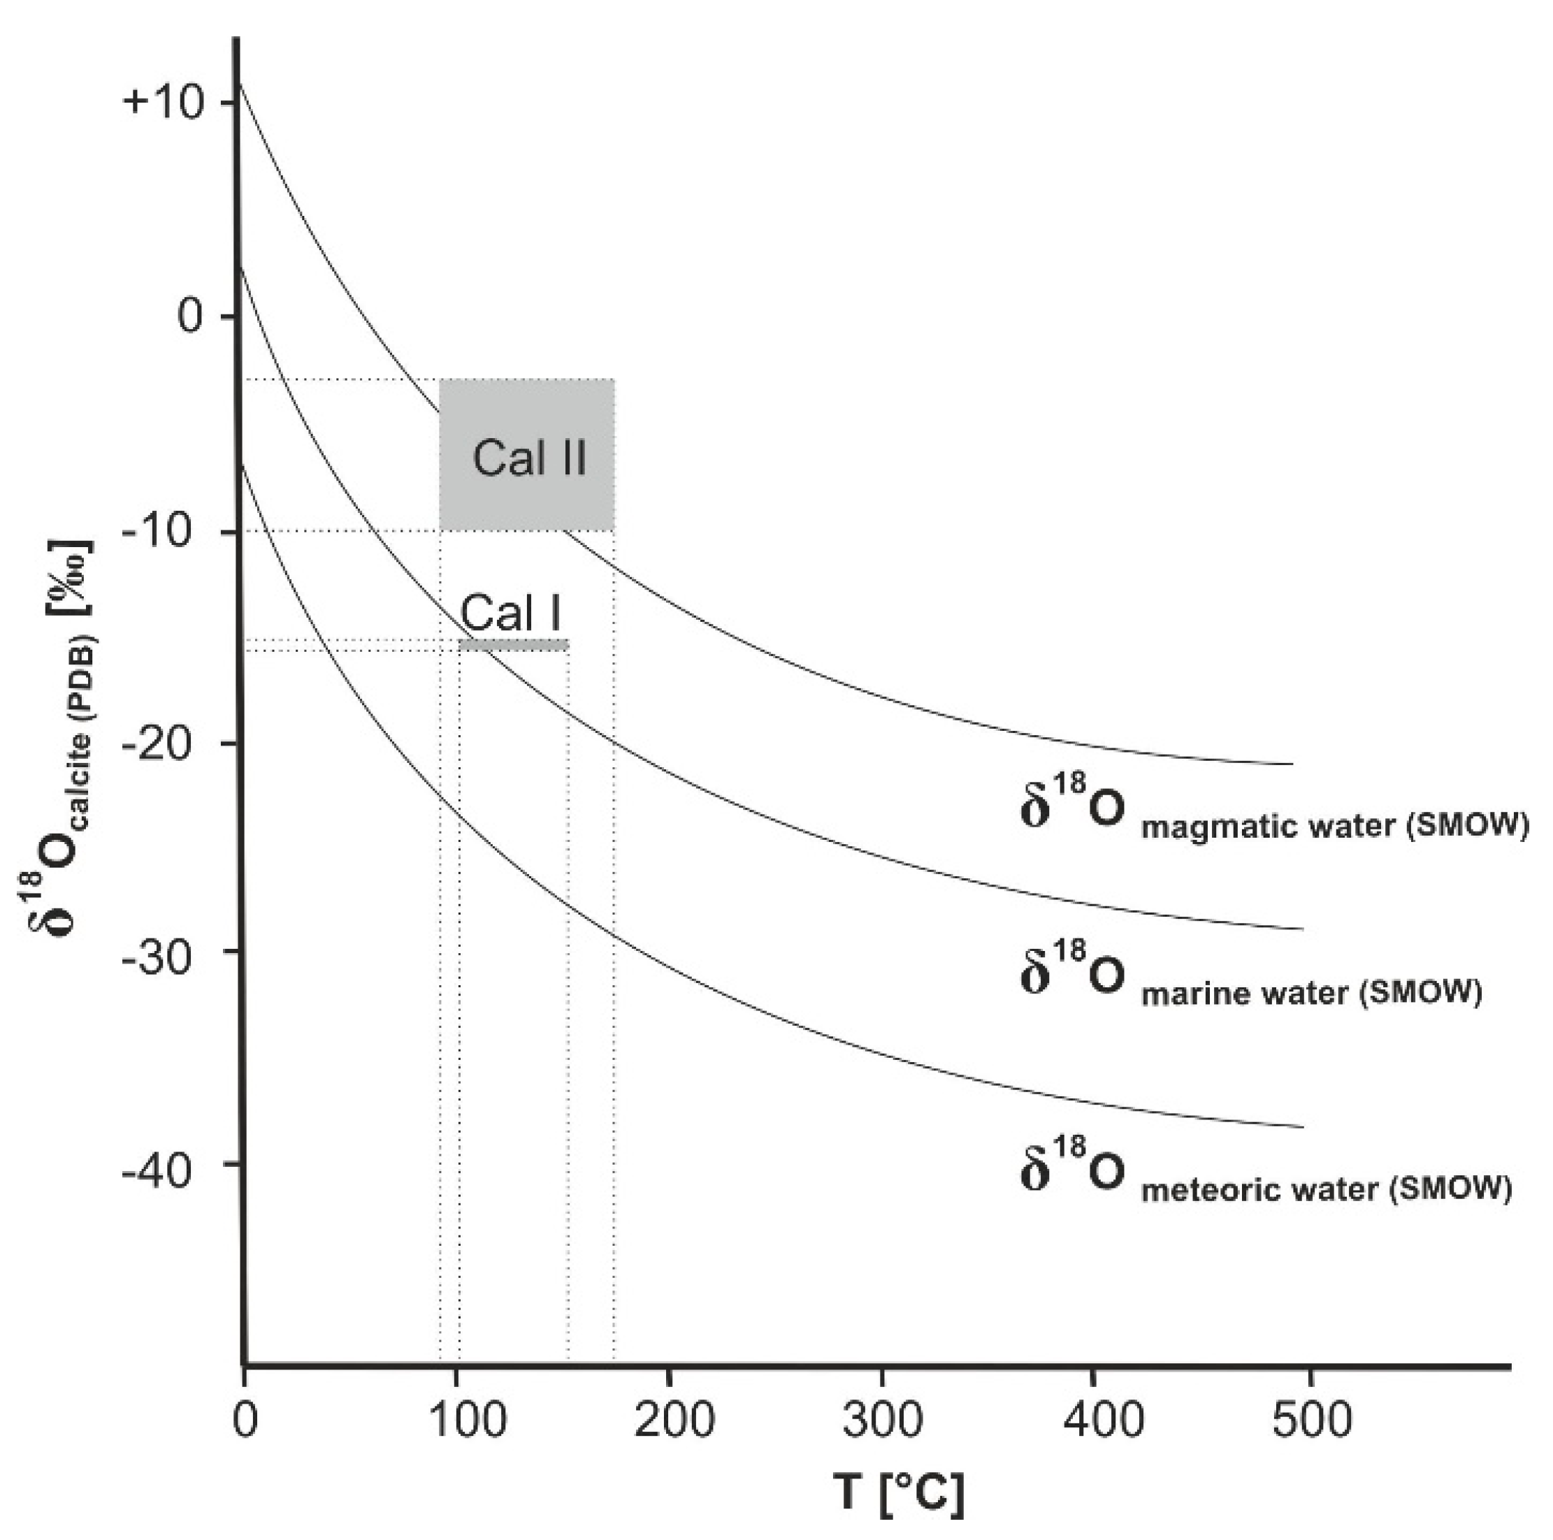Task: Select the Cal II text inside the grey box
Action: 529,458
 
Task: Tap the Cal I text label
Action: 510,613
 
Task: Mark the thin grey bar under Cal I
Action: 514,644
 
